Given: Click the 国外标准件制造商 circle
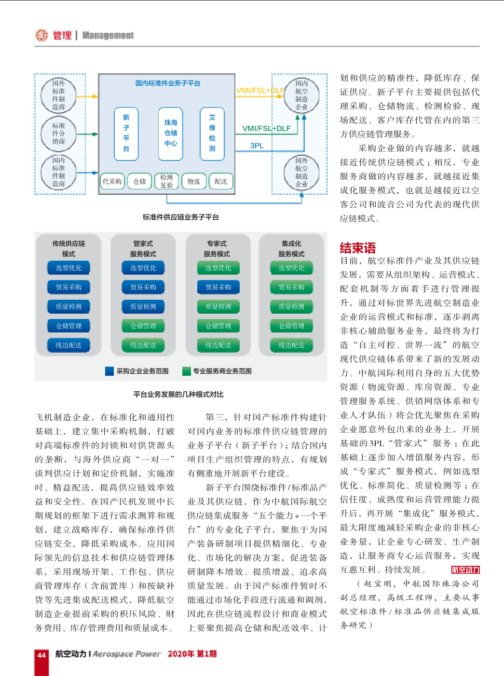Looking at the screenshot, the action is [x=58, y=95].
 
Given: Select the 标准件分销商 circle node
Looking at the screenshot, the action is [x=58, y=133].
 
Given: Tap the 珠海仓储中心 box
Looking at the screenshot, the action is [x=171, y=133].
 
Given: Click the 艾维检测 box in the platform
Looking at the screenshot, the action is [x=212, y=133].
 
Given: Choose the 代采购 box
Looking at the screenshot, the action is [x=112, y=181].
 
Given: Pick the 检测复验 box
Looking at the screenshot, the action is [x=166, y=181].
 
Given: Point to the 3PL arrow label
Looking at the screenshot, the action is [x=257, y=146].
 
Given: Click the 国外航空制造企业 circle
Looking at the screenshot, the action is [x=301, y=172].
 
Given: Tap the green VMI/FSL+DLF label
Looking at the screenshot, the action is [x=266, y=129].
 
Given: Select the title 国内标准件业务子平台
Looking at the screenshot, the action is [x=168, y=83].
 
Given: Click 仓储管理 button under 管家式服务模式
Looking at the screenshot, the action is [x=143, y=326].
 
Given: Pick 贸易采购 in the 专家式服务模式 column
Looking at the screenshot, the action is [x=218, y=287].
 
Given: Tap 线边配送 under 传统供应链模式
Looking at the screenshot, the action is [x=68, y=345].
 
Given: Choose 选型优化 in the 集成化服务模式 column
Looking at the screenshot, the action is [x=291, y=268].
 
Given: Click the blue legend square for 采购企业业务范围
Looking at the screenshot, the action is [x=109, y=371].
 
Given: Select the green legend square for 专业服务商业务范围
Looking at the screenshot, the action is [x=186, y=371].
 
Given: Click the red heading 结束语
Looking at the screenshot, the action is [x=357, y=248].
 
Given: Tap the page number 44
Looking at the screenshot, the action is [x=41, y=655].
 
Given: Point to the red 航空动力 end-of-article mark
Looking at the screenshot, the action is [x=465, y=570].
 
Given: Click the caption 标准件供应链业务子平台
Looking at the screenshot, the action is [x=180, y=217].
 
